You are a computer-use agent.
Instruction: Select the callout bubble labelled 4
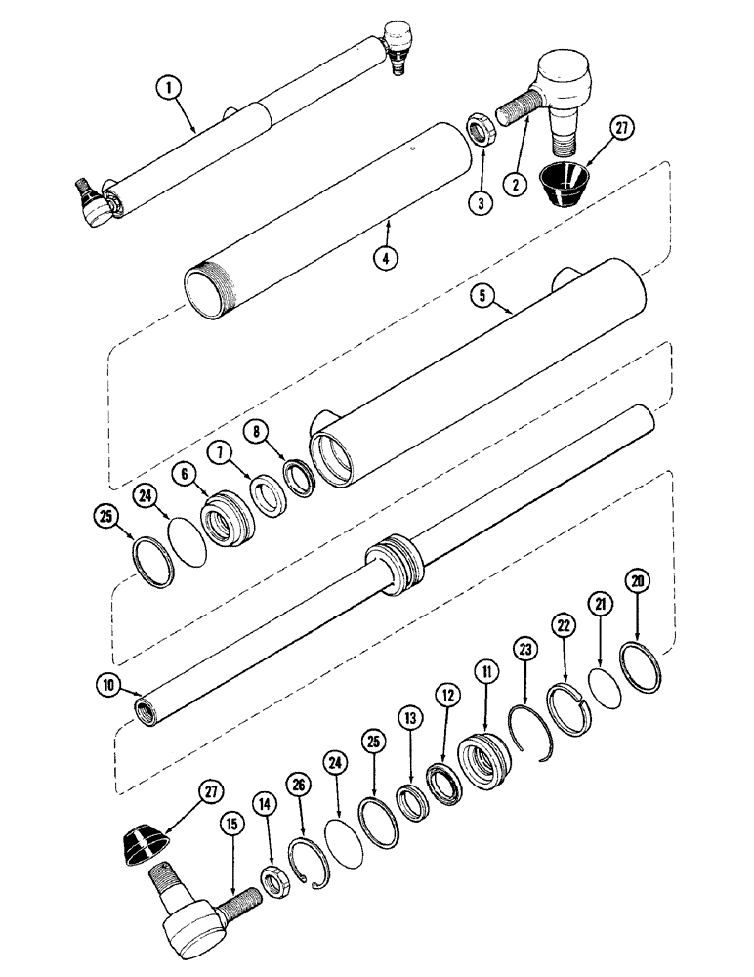tap(388, 258)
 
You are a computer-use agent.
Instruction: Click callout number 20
tap(638, 583)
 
